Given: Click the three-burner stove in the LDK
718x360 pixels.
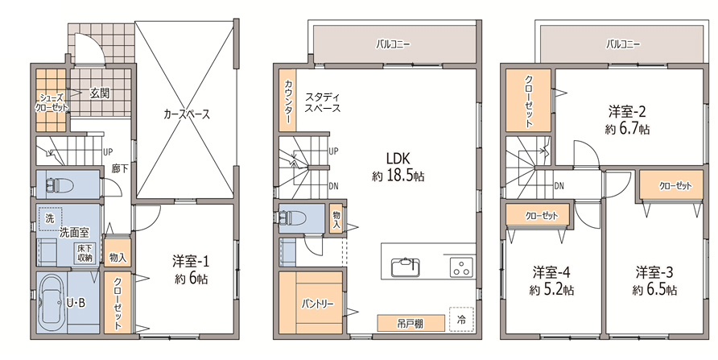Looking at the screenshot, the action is [462, 267].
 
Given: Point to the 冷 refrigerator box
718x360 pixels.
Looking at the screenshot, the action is [461, 320].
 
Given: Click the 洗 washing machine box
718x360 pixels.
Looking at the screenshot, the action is [49, 218].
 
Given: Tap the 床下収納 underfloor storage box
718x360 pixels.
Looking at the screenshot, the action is [85, 253].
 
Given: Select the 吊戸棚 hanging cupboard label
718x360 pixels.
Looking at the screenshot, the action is [411, 324].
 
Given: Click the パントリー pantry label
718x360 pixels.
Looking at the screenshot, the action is [317, 304].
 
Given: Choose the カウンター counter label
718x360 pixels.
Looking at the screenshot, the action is [288, 101].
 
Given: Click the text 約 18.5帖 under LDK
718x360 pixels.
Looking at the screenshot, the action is [398, 176].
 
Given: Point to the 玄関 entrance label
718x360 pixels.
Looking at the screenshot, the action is [99, 94].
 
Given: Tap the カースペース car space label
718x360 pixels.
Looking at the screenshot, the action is [187, 114].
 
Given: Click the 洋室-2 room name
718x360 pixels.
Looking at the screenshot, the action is [627, 111].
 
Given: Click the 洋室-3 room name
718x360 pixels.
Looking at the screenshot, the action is [654, 272].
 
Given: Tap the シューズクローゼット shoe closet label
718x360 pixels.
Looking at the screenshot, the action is [52, 103].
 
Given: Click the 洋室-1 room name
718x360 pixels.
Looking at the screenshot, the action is [191, 262].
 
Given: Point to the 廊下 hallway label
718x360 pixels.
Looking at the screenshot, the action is [120, 168].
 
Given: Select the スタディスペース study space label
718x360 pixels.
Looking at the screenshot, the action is [323, 102].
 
